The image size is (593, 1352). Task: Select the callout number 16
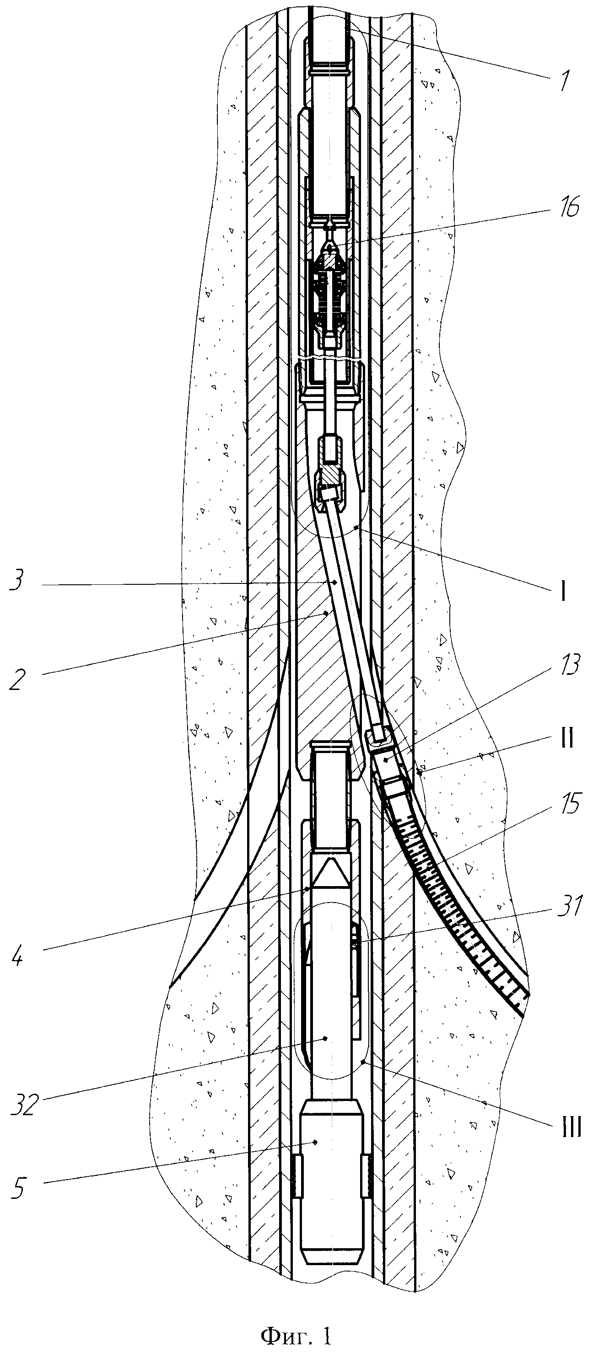coord(567,207)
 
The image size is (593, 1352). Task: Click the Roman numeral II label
coord(566,737)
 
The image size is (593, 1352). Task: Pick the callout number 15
coord(568,803)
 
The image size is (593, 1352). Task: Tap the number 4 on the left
coord(17,957)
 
